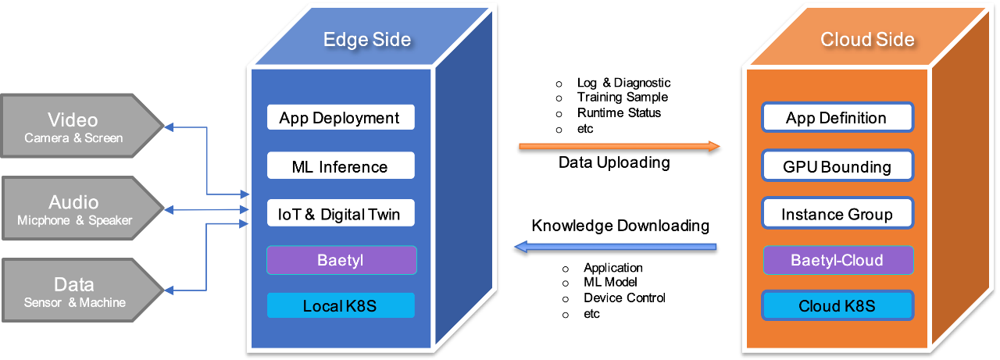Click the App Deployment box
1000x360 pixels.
pos(341,117)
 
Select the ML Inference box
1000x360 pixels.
pos(341,166)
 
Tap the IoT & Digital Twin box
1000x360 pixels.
pos(341,213)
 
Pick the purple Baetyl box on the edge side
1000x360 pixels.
pos(341,260)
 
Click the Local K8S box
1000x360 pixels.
pos(341,305)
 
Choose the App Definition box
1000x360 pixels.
pos(837,117)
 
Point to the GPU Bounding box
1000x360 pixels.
pos(837,166)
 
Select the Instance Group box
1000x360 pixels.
pos(837,213)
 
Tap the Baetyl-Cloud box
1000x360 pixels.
pos(838,260)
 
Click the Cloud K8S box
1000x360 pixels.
pos(837,305)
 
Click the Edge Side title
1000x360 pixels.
pos(367,39)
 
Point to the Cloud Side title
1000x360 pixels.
pos(867,39)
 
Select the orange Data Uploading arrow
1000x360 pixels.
pos(620,146)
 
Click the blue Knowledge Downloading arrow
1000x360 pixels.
pos(615,247)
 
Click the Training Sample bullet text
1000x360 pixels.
pos(623,98)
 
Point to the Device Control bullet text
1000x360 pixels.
pos(624,298)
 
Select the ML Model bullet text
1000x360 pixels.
pos(610,282)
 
